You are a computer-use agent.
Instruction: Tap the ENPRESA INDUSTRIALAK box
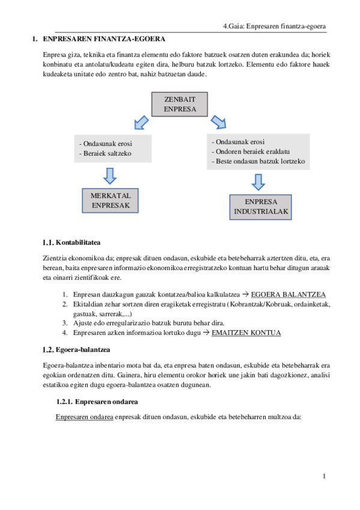tap(261, 207)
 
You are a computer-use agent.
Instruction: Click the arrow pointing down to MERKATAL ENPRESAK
tap(109, 175)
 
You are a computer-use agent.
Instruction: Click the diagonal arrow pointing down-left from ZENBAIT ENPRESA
tap(142, 123)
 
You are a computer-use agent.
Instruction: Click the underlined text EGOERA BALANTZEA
tap(288, 294)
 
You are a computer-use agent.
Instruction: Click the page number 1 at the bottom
tap(325, 477)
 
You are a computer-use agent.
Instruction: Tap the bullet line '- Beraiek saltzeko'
tap(106, 153)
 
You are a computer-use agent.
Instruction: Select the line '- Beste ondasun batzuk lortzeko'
tap(258, 161)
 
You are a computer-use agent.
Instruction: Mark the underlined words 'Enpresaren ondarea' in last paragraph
tap(84, 416)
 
